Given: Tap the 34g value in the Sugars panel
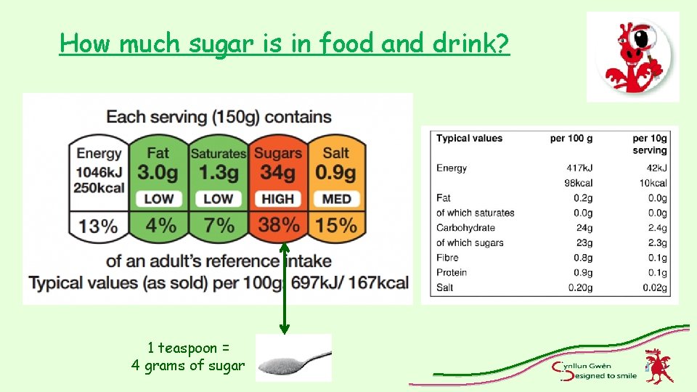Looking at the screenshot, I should [278, 173].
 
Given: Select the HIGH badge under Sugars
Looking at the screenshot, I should [278, 198].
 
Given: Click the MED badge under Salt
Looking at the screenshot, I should [336, 198].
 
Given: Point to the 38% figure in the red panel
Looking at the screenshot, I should [278, 225].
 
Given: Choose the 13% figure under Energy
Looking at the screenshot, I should [99, 225].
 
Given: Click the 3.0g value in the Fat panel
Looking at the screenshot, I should [158, 173].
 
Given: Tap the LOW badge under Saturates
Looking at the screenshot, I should [218, 198].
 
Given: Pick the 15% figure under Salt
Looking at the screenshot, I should [336, 225].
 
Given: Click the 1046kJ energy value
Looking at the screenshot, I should [99, 172].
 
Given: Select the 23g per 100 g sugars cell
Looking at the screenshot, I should [583, 242].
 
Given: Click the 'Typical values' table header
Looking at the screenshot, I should [469, 138].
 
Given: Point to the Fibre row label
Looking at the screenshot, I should [447, 258].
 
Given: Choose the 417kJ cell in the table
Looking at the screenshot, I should [579, 168].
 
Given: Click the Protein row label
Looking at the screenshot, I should [452, 272].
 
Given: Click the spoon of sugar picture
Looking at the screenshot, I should [294, 358].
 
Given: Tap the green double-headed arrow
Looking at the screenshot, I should [285, 287].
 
